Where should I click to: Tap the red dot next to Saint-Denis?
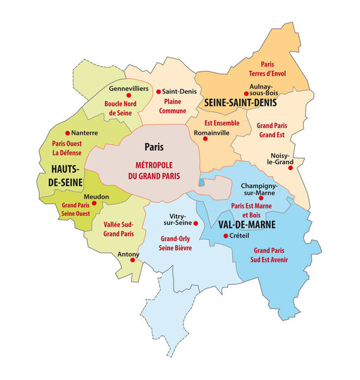(x=158, y=91)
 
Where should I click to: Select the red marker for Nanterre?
(x=68, y=133)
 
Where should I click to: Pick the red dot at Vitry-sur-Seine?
(x=196, y=224)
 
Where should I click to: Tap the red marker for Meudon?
(x=94, y=203)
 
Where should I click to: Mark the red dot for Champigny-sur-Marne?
(x=261, y=198)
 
